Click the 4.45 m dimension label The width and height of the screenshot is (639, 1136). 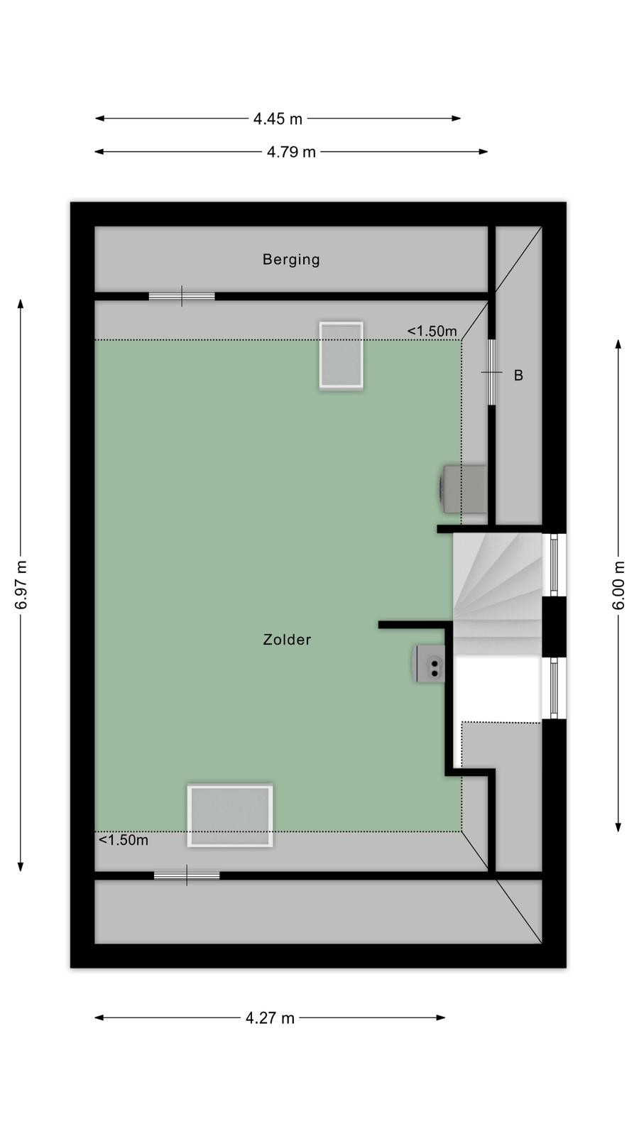click(x=278, y=119)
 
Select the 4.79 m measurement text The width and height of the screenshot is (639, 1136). click(x=292, y=152)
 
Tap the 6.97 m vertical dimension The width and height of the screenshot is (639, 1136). click(x=21, y=585)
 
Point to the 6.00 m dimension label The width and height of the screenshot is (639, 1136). click(x=618, y=585)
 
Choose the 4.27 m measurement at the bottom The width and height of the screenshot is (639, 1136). click(x=271, y=1018)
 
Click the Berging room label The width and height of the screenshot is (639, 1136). click(x=291, y=260)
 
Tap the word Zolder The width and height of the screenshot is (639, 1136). click(x=287, y=640)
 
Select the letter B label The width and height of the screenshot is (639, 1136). click(x=518, y=376)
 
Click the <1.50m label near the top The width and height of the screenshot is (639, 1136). click(x=432, y=331)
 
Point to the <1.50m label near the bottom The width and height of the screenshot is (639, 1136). click(x=124, y=841)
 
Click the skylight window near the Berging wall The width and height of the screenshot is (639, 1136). click(x=342, y=355)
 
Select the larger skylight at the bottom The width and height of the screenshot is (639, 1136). click(x=230, y=816)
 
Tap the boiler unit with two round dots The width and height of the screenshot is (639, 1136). click(x=430, y=663)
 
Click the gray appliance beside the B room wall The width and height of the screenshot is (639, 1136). click(x=462, y=489)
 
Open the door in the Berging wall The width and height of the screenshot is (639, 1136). click(x=182, y=296)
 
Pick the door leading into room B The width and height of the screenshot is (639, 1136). click(x=491, y=372)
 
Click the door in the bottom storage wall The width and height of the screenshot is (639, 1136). click(x=187, y=875)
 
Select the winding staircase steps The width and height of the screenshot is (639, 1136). click(x=497, y=594)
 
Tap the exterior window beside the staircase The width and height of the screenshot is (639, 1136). click(x=554, y=565)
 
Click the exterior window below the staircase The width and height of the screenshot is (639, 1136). click(x=554, y=688)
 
